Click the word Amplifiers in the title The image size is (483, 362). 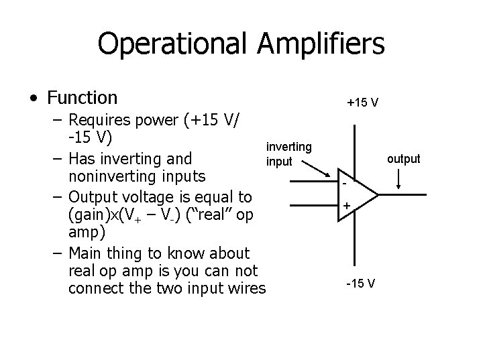[x=321, y=44]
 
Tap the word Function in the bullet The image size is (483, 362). [x=82, y=98]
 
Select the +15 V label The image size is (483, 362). [x=362, y=103]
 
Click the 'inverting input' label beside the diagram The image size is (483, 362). [x=288, y=154]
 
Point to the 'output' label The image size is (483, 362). [x=403, y=159]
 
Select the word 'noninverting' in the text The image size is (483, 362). [x=107, y=178]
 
